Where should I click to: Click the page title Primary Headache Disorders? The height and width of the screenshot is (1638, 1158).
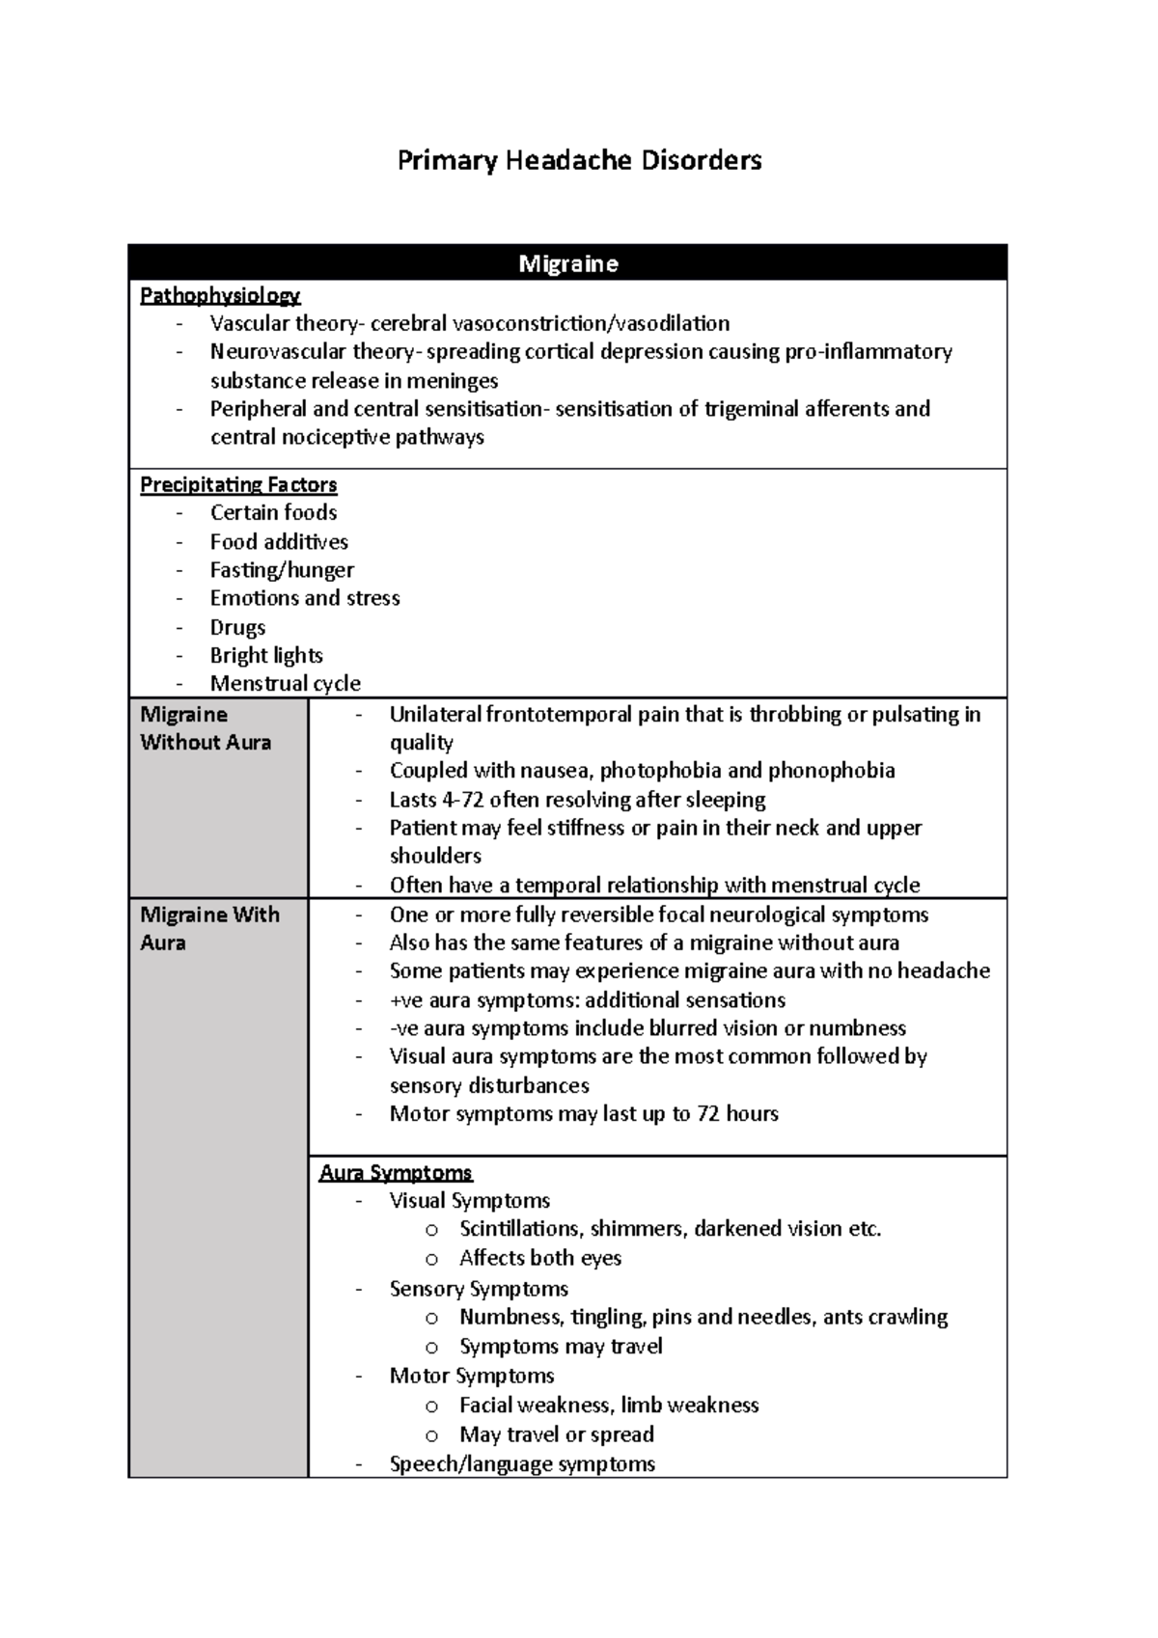[579, 160]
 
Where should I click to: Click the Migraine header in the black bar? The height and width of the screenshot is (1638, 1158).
[567, 263]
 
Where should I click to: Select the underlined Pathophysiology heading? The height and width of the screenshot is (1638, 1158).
[220, 295]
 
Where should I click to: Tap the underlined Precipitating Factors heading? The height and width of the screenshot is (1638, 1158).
[238, 484]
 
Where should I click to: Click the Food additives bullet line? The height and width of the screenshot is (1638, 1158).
[279, 541]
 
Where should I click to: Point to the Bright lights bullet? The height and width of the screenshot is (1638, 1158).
[266, 655]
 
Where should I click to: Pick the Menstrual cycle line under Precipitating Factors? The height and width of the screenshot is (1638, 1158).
[285, 683]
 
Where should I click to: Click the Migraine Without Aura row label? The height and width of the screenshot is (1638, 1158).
[206, 728]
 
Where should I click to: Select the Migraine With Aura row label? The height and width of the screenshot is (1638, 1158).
[209, 928]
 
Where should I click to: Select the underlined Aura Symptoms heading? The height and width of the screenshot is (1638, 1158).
[396, 1172]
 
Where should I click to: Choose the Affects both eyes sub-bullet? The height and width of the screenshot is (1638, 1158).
[540, 1258]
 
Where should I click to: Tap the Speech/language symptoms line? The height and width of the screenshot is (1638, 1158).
[522, 1463]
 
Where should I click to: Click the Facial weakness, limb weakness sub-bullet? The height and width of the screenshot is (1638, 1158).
[609, 1405]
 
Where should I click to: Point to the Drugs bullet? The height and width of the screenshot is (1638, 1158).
[237, 627]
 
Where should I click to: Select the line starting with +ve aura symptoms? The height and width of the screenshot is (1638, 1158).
[587, 999]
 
